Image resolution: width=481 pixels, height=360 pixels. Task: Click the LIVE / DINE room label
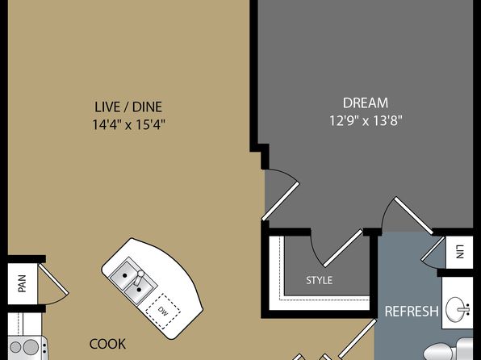coord(128,107)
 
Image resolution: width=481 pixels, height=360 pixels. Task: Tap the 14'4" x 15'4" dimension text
coord(129,124)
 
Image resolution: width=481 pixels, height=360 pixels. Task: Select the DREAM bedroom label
coord(366,103)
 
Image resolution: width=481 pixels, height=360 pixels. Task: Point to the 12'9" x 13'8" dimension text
coord(366,120)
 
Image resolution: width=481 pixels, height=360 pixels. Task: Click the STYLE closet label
coord(319,280)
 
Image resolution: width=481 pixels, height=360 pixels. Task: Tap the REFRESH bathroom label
coord(412,312)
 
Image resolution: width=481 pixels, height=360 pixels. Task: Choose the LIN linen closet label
coord(459,252)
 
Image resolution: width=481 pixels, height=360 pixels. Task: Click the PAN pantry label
coord(22,283)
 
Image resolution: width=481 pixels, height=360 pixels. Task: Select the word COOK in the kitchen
coord(107,344)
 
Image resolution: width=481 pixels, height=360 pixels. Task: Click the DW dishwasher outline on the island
coord(163,311)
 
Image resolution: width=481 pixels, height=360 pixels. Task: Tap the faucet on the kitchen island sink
coord(139,277)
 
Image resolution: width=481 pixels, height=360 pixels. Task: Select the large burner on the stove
coord(31,347)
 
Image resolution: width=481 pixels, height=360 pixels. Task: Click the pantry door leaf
coord(53,279)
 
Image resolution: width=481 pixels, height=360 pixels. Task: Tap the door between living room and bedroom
coord(280,201)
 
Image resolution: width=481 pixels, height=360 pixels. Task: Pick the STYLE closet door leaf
coord(344,248)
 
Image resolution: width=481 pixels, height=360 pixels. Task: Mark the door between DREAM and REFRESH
coord(413,216)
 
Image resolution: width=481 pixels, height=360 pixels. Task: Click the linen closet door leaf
coord(433,249)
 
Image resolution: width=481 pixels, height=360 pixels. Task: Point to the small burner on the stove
coord(15,347)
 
